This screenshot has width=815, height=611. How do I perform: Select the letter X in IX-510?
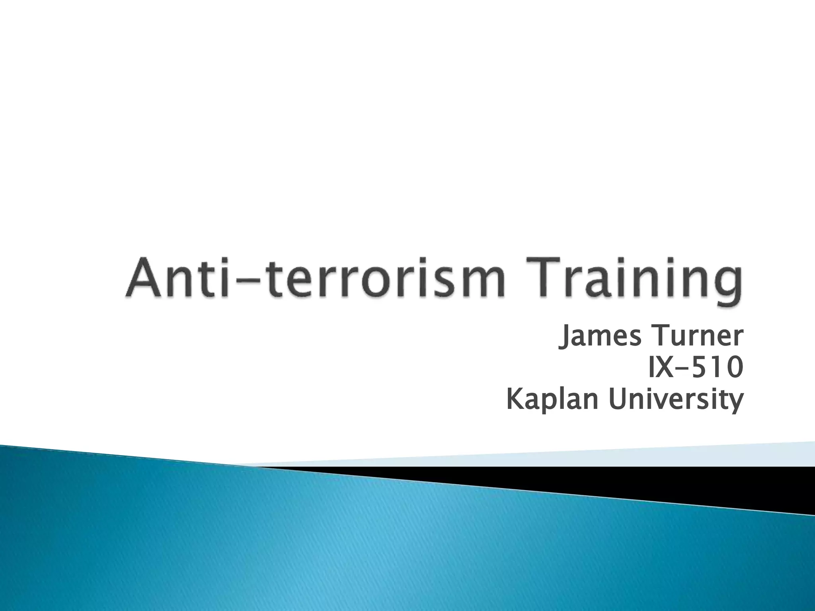click(666, 368)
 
